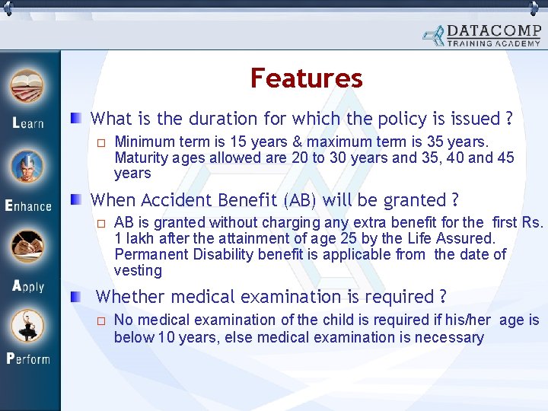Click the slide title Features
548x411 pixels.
click(306, 78)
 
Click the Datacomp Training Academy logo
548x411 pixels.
click(483, 35)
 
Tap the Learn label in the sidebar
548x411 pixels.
click(28, 123)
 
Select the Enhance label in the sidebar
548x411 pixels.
click(28, 205)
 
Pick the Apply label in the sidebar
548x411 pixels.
click(28, 287)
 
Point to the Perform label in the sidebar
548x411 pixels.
click(28, 358)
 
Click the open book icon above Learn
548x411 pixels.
click(27, 87)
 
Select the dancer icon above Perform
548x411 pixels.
click(27, 325)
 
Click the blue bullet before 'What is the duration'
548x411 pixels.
click(78, 118)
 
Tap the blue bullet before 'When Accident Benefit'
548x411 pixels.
click(78, 200)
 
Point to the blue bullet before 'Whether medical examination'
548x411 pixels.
click(78, 297)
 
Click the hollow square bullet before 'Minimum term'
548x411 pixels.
click(100, 142)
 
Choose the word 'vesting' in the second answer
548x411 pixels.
click(138, 270)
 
